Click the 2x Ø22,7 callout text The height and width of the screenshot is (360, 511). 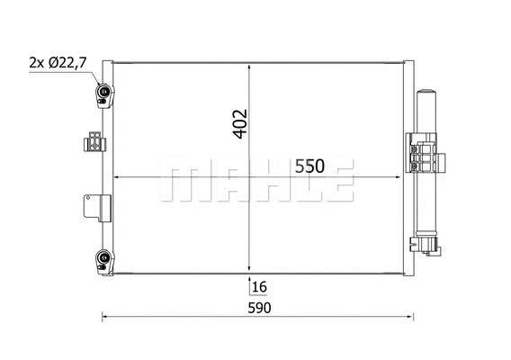click(x=58, y=62)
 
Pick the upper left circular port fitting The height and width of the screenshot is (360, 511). click(x=104, y=92)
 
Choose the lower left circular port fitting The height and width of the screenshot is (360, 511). click(x=104, y=260)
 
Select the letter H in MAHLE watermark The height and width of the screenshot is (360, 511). click(x=262, y=183)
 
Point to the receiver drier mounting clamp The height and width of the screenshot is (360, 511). click(x=424, y=155)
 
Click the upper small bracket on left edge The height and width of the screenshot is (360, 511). click(x=93, y=142)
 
